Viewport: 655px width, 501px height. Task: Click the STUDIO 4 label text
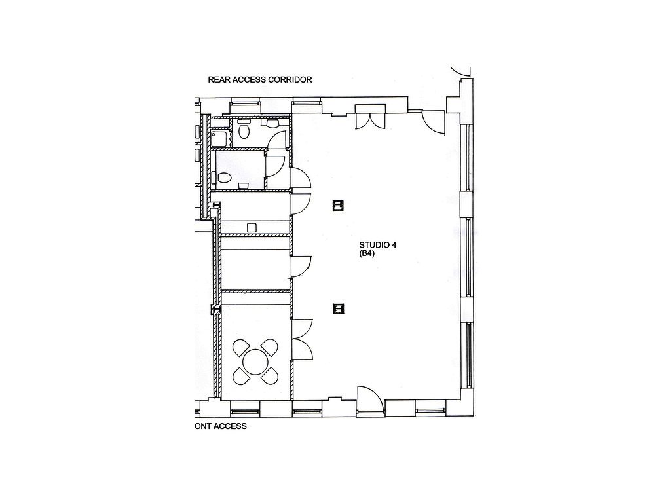click(378, 245)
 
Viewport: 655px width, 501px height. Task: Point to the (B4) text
click(367, 253)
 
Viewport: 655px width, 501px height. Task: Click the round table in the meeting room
click(255, 362)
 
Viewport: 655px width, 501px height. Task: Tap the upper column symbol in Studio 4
click(339, 206)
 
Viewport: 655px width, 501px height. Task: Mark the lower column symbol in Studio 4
click(339, 308)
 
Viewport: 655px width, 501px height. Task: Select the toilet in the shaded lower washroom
click(222, 178)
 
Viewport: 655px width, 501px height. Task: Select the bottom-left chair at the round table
click(242, 376)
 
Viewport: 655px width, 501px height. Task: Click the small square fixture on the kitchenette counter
click(252, 227)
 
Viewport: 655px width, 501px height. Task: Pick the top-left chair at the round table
click(242, 348)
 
